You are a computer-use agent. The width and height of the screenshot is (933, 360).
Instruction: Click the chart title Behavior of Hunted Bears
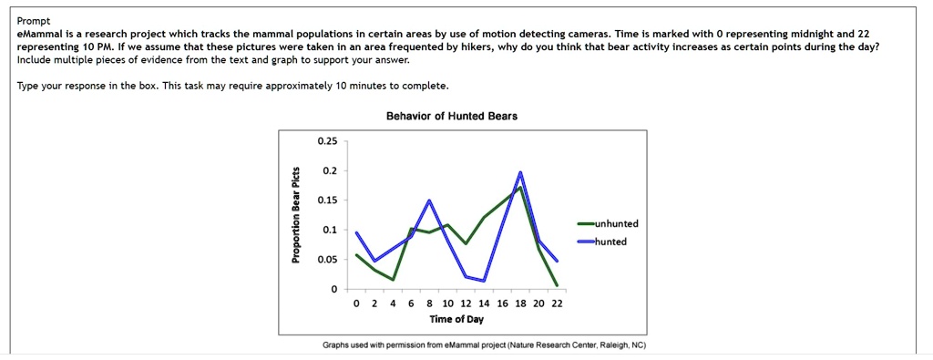pos(465,116)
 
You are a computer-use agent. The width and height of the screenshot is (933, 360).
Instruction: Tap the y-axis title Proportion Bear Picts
pos(294,217)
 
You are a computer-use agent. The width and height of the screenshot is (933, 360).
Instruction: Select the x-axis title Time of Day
pos(456,320)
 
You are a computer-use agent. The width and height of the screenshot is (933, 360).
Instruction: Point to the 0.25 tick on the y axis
pos(327,141)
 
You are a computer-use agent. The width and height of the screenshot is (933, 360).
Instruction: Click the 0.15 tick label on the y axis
pos(327,201)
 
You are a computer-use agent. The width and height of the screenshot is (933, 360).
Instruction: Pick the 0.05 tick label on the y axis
pos(327,260)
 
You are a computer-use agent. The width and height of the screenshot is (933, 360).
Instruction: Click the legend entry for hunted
pos(610,242)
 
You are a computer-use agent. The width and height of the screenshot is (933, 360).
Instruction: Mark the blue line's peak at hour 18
pos(520,171)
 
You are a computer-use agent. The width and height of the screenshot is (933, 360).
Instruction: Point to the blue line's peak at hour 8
pos(429,200)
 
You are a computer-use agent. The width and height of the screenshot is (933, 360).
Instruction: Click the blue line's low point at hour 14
pos(484,281)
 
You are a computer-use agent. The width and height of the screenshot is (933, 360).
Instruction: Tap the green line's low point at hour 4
pos(393,279)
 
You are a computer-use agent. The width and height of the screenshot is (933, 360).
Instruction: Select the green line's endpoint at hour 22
pos(557,285)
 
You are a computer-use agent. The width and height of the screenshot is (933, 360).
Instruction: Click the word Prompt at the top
pos(33,20)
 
